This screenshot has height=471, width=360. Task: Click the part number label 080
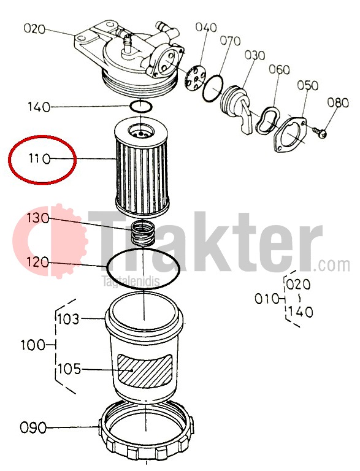click(338, 103)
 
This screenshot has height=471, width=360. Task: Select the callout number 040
click(206, 28)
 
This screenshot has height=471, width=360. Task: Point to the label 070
click(230, 41)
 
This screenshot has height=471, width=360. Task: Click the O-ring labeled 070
click(213, 88)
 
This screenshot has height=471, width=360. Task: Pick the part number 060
click(279, 70)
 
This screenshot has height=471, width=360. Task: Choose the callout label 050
click(307, 85)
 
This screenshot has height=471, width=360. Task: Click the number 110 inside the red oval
click(39, 158)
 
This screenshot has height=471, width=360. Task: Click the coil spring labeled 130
click(144, 232)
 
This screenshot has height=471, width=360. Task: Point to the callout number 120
click(37, 262)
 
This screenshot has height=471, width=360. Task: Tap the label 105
click(69, 369)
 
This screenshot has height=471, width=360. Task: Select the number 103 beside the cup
click(69, 319)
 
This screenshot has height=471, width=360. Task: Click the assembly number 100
click(33, 345)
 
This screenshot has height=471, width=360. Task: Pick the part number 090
click(33, 427)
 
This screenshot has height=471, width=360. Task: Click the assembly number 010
click(267, 299)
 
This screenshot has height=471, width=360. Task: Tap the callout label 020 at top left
click(34, 29)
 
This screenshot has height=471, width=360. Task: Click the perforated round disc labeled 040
click(196, 78)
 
